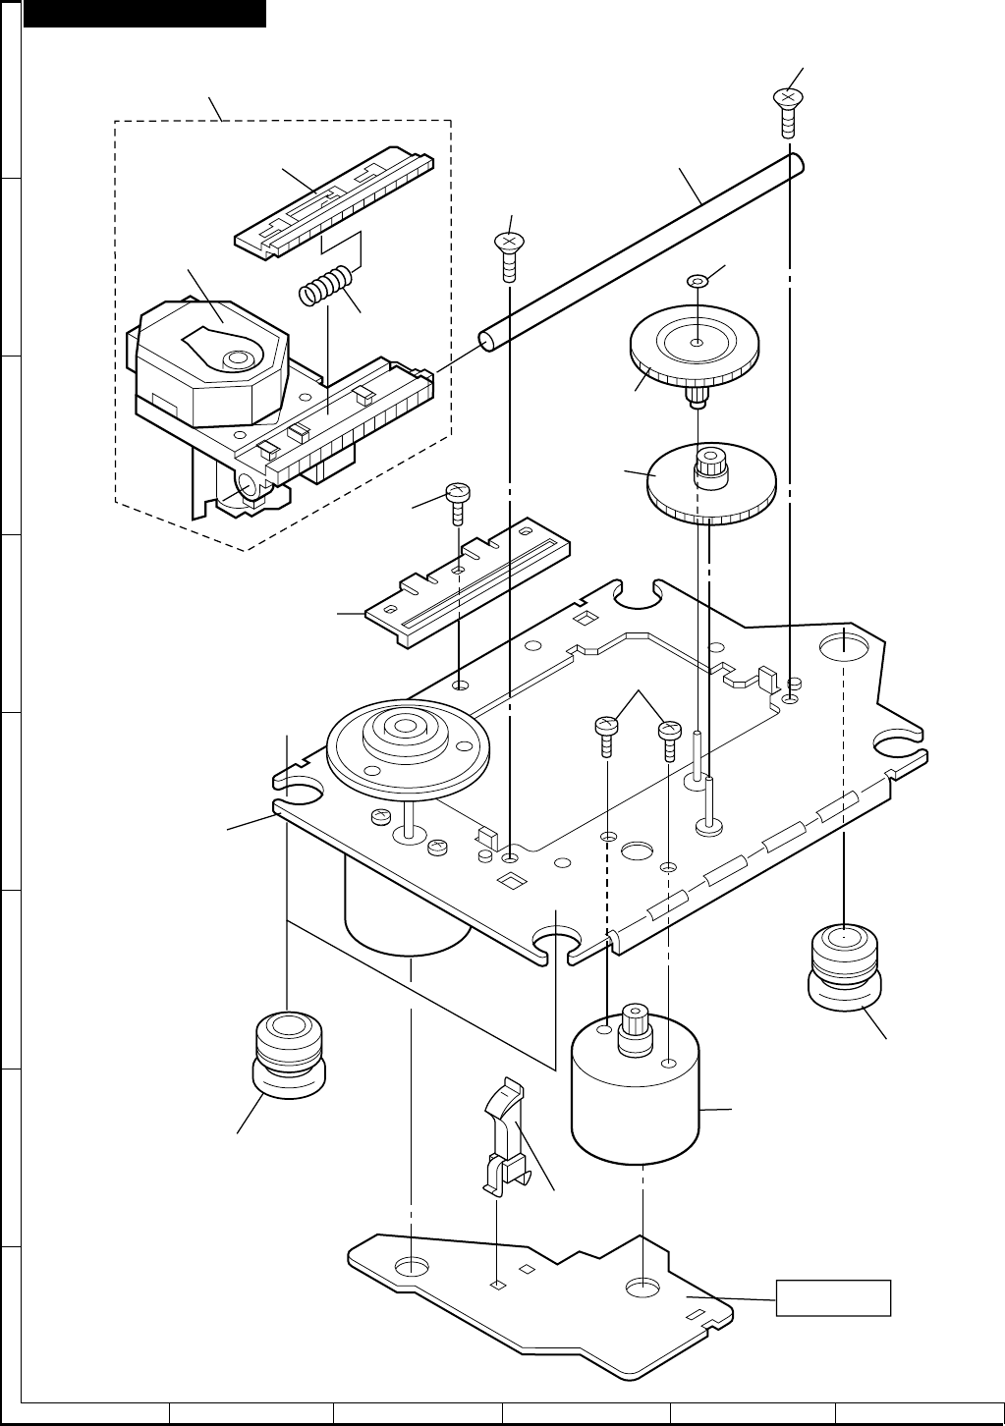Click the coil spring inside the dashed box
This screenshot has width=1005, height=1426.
[323, 286]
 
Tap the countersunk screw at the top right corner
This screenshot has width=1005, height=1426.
[786, 110]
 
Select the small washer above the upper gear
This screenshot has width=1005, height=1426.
[696, 281]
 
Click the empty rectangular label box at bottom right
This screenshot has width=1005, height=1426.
[833, 1297]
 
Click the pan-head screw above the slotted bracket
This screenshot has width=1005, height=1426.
[459, 501]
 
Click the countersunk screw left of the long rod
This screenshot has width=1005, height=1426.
[508, 251]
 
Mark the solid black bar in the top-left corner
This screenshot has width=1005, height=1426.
[144, 13]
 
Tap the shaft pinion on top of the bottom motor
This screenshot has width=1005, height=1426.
[634, 1026]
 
